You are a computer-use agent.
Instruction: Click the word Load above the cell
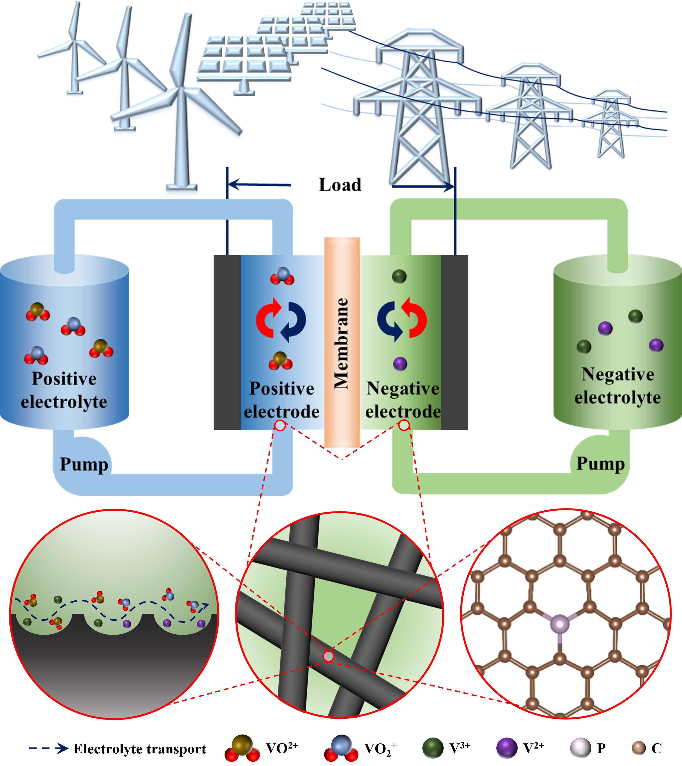click(x=340, y=185)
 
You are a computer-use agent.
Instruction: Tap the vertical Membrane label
click(x=341, y=343)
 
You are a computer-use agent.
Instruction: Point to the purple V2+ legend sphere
click(x=506, y=748)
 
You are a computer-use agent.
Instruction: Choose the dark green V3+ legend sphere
click(x=433, y=748)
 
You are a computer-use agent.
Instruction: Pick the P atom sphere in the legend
click(x=580, y=748)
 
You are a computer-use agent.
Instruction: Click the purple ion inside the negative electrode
click(x=400, y=363)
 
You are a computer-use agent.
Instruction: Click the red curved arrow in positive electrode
click(x=267, y=318)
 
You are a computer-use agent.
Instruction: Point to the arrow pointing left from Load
click(x=259, y=184)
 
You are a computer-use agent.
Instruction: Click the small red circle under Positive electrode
click(x=280, y=426)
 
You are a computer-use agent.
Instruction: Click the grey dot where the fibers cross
click(x=328, y=656)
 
